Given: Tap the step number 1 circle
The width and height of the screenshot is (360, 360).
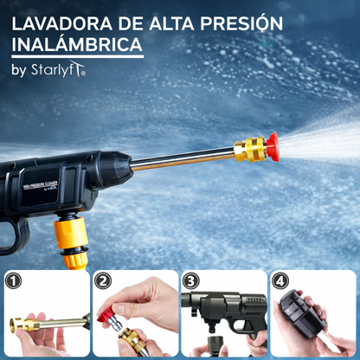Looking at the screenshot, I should [x=14, y=281].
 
